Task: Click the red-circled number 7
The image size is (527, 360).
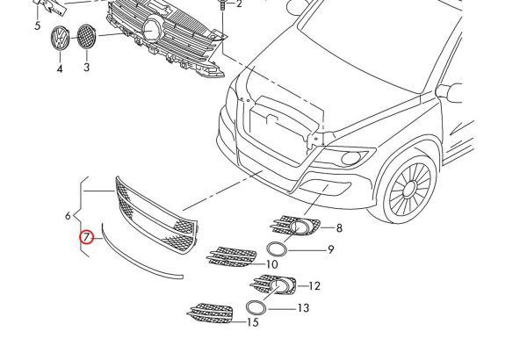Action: point(86,236)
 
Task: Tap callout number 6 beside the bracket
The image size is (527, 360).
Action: point(68,215)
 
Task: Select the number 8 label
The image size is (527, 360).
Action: point(338,227)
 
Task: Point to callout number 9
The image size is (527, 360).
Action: point(331,249)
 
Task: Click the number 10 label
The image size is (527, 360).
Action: point(271,263)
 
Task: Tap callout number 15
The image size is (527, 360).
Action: point(252,323)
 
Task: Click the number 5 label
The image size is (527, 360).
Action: point(38,26)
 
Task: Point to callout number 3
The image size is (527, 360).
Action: point(86,67)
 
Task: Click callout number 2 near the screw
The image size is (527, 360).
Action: point(237,4)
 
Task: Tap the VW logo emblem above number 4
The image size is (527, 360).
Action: point(59,40)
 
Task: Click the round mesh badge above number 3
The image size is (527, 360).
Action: point(86,38)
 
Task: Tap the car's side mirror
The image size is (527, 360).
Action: point(451,91)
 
